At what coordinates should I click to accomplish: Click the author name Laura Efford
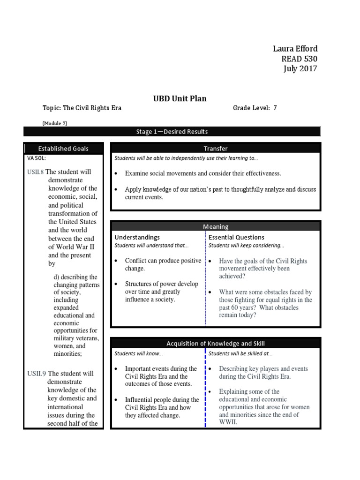click(x=295, y=49)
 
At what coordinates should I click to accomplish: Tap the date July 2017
click(x=300, y=69)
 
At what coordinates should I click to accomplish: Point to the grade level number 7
click(x=275, y=108)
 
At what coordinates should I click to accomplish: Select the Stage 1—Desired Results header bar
click(x=172, y=132)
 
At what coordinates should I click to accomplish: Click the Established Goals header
click(x=63, y=149)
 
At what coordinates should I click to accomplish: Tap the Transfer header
click(x=216, y=149)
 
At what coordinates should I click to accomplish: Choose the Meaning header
click(x=216, y=226)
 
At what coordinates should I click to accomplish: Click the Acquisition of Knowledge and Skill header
click(x=216, y=344)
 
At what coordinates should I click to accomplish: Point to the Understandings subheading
click(x=137, y=238)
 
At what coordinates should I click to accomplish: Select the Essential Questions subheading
click(x=236, y=238)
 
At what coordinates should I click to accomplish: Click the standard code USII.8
click(x=36, y=172)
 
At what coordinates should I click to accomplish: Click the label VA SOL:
click(x=37, y=158)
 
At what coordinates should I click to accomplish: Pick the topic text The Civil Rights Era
click(x=92, y=108)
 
